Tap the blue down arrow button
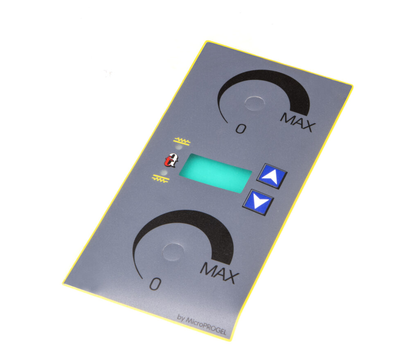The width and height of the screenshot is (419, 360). pos(258,202)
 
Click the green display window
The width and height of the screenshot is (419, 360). pos(215,173)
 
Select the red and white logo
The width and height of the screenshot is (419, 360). pos(171,161)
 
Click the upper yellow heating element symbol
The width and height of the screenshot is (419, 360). pos(182,141)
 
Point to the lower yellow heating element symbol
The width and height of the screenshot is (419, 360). pos(160,179)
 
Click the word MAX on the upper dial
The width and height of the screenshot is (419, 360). pos(298,122)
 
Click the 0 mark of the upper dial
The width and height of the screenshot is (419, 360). pos(241,129)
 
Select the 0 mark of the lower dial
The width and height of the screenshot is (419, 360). pos(155,284)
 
